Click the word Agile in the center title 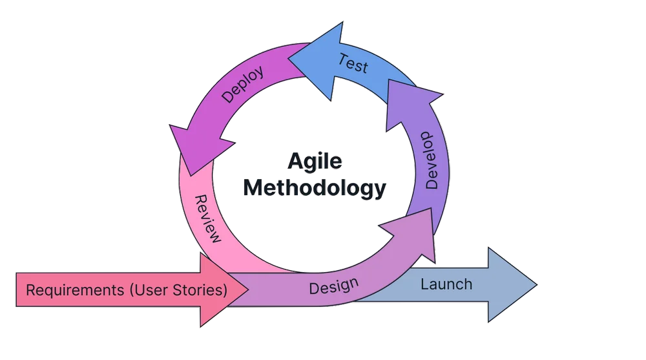pos(315,162)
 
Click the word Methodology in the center pos(315,187)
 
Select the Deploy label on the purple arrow pos(243,85)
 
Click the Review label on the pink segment pos(207,218)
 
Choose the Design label pos(333,285)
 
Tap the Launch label pos(446,284)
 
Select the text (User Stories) pos(178,290)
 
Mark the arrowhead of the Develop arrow pos(414,103)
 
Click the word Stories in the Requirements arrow pos(200,290)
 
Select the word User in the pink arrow pos(154,290)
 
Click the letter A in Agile pos(294,162)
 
